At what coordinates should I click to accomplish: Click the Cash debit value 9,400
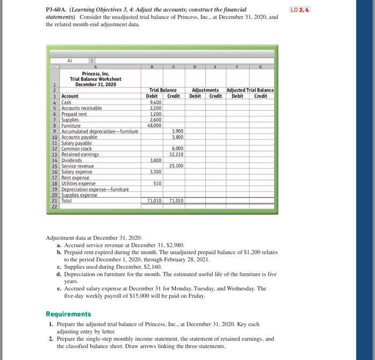153,101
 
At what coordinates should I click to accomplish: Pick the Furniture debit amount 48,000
153,125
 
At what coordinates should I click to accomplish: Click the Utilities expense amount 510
157,183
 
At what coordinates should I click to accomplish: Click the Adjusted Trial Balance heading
250,90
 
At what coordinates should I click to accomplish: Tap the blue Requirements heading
68,314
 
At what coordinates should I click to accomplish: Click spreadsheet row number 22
54,207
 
